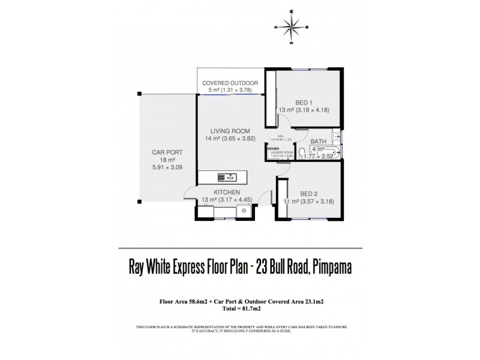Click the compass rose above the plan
(291, 27)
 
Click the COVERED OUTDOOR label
(230, 83)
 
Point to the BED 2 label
(309, 193)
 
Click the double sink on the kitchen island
(229, 177)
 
